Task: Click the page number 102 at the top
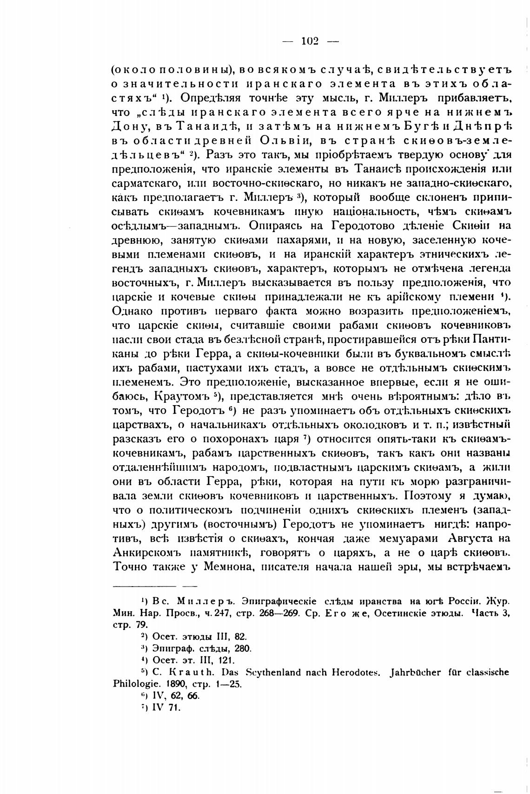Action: [310, 41]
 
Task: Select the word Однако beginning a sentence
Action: [131, 311]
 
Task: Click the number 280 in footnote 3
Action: [242, 648]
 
